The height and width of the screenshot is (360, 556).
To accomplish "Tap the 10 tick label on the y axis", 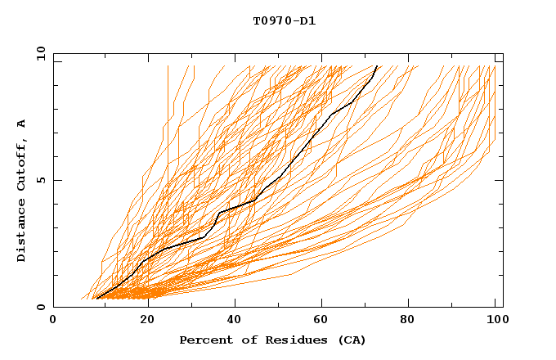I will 38,53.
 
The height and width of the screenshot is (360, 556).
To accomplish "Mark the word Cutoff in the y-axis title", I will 22,164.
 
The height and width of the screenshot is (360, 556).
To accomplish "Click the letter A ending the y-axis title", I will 22,123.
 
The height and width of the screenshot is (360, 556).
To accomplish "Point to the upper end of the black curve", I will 376,66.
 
